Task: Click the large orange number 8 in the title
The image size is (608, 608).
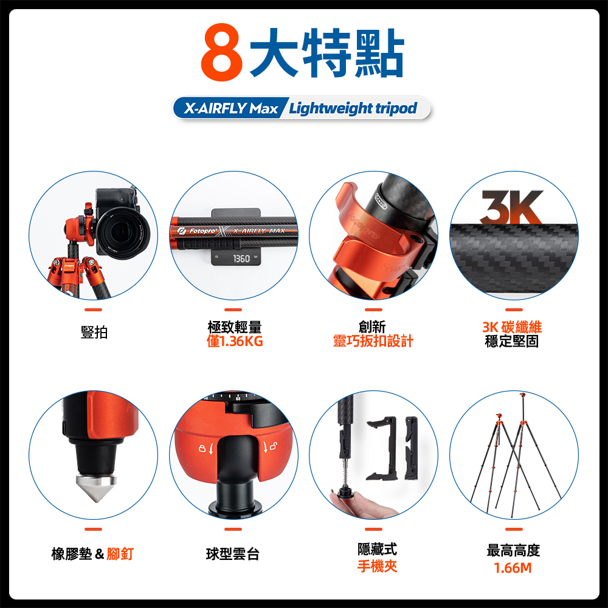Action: tap(222, 52)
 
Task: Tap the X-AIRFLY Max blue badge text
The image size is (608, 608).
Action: tap(231, 108)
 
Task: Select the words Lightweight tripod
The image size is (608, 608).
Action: tap(353, 108)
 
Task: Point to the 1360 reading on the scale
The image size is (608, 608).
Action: tap(241, 258)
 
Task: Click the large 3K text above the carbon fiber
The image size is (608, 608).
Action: tap(512, 207)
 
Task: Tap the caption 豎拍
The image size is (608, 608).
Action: tap(94, 333)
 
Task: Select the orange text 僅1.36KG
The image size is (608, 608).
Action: tap(235, 341)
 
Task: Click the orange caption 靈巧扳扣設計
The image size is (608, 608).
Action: tap(373, 341)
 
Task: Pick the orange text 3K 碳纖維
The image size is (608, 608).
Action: tap(512, 327)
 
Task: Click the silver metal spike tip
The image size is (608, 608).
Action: tap(97, 487)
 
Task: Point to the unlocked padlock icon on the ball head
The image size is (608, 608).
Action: tap(273, 446)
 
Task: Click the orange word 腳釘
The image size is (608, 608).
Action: tap(120, 554)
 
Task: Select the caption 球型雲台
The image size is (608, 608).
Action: tap(233, 554)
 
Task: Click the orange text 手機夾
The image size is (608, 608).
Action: tap(378, 567)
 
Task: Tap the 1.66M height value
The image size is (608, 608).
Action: tap(513, 568)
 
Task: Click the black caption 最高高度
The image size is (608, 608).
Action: tap(513, 551)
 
